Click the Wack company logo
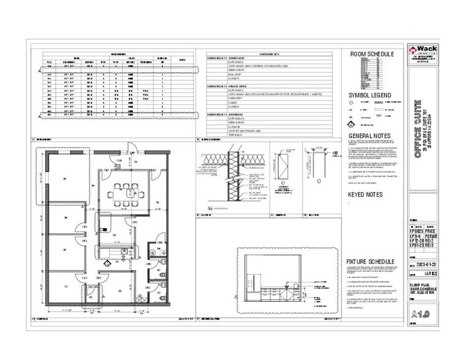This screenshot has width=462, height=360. click(x=421, y=50)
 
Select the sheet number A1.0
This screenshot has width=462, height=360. click(x=420, y=314)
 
